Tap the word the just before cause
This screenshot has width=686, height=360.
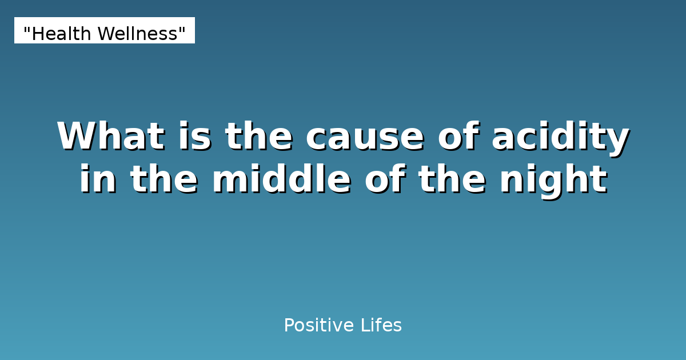tap(260, 137)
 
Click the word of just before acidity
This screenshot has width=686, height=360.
tap(460, 137)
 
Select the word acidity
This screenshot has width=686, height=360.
tap(560, 137)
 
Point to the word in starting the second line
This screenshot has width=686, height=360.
tap(98, 179)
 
